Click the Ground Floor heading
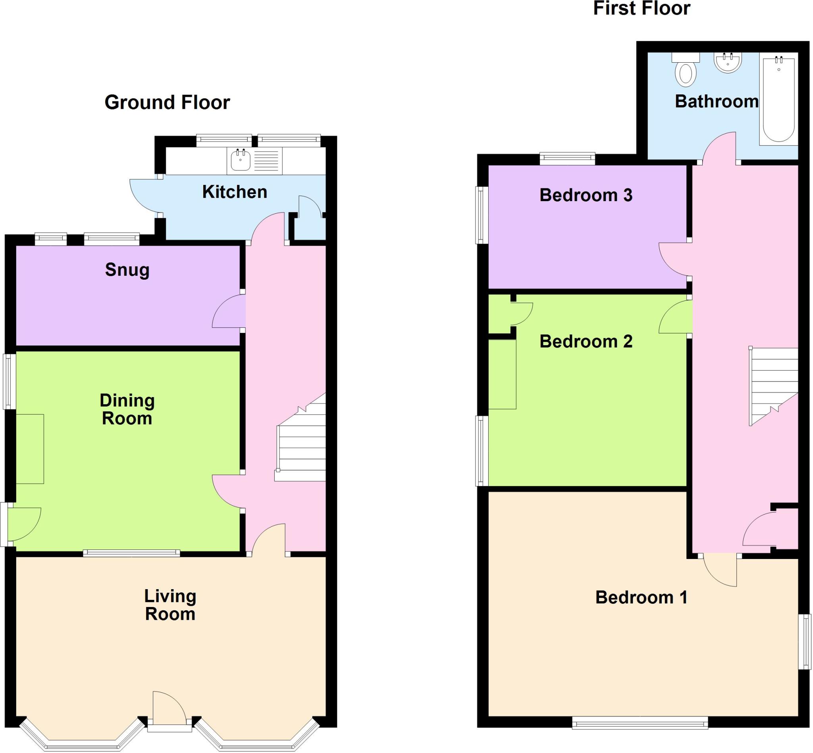[x=167, y=102]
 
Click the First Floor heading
[x=642, y=9]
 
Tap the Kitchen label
[x=235, y=192]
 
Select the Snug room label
[x=127, y=270]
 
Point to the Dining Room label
[x=127, y=409]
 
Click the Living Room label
[x=170, y=605]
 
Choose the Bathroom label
[x=717, y=102]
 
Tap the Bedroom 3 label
[x=586, y=195]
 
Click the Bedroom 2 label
[x=586, y=342]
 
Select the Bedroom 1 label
[x=642, y=597]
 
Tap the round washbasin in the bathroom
[x=728, y=63]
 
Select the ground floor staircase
[x=301, y=437]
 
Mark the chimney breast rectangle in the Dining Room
[x=30, y=449]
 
